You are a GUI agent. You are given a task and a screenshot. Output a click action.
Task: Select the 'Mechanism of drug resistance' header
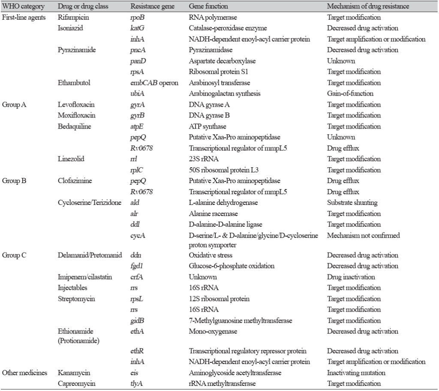368,7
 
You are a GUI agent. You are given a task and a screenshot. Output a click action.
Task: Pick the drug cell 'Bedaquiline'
73,126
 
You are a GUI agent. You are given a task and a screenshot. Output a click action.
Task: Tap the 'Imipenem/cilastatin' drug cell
84,277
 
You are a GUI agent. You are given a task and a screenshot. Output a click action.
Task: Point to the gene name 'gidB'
137,320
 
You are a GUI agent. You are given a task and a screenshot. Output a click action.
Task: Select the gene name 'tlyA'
136,384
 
